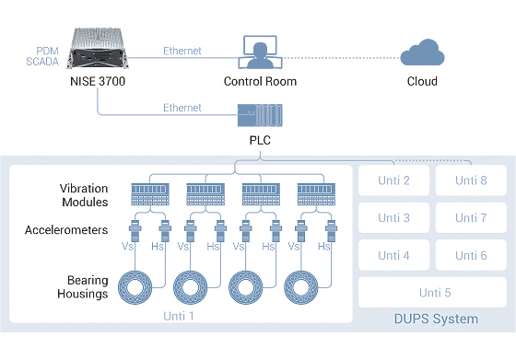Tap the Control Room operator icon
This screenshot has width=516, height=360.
click(260, 52)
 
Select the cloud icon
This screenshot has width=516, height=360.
click(423, 52)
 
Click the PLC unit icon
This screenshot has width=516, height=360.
click(259, 116)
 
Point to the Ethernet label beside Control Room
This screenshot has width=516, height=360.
click(182, 52)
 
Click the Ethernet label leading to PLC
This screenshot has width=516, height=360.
click(182, 108)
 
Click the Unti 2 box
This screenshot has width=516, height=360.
click(393, 180)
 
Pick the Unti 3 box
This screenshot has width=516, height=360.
click(393, 217)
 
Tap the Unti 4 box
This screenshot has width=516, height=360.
click(393, 255)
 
